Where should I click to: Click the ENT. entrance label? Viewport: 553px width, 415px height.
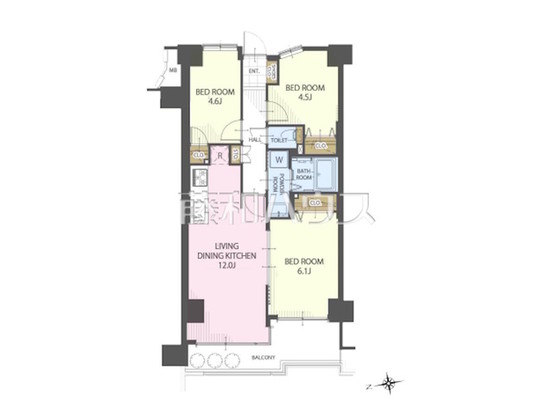pyautogui.click(x=254, y=71)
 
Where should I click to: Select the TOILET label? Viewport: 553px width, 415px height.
pyautogui.click(x=278, y=141)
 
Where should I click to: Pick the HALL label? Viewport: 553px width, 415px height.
pyautogui.click(x=254, y=141)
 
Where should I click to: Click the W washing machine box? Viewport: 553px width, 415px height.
pyautogui.click(x=277, y=161)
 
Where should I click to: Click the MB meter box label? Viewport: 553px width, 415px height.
pyautogui.click(x=173, y=71)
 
